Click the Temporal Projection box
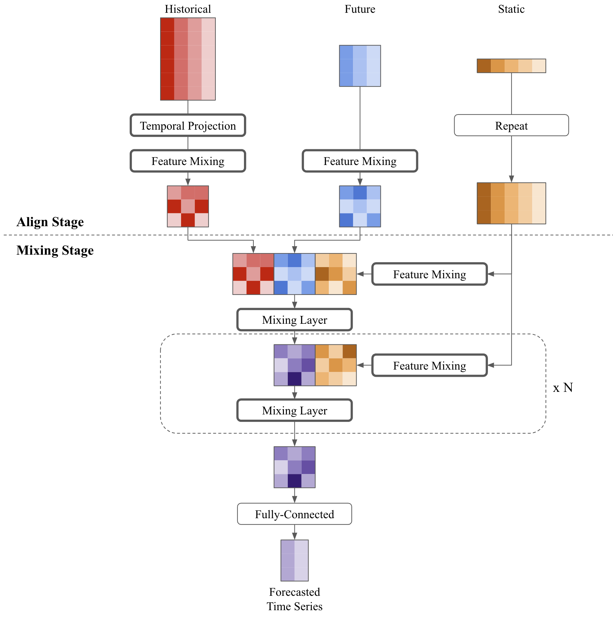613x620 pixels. click(188, 126)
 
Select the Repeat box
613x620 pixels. click(511, 126)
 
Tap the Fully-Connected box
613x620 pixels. click(294, 514)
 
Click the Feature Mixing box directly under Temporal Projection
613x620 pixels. click(188, 161)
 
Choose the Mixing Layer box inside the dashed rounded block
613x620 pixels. click(294, 410)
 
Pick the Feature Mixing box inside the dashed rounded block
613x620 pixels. click(429, 366)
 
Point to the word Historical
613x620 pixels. click(188, 9)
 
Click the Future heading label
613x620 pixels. click(360, 9)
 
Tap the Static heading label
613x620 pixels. click(511, 9)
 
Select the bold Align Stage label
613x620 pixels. click(50, 222)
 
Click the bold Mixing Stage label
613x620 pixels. click(55, 250)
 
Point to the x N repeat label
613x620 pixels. click(563, 388)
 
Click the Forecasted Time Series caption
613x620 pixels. click(294, 599)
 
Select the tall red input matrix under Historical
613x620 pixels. click(188, 59)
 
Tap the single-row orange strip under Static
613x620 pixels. click(511, 66)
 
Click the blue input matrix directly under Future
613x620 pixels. click(360, 66)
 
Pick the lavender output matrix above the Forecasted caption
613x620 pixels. click(294, 560)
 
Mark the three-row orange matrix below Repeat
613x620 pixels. click(511, 203)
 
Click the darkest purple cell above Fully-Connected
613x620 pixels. click(294, 481)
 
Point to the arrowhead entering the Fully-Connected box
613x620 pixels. click(294, 500)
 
